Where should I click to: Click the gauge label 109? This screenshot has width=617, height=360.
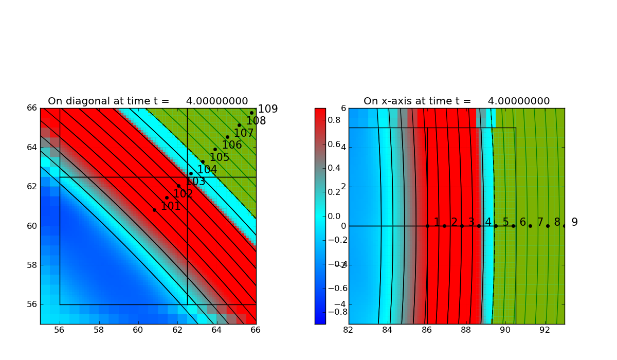point(267,109)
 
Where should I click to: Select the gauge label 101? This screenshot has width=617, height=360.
point(171,206)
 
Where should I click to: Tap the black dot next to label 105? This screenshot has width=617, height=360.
point(215,150)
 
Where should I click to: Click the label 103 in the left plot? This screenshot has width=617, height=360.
point(195,182)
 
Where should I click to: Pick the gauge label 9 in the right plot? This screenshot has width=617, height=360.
point(574,222)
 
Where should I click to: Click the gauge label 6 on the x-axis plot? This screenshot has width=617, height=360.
point(522,222)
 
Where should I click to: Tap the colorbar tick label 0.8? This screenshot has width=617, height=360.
point(335,120)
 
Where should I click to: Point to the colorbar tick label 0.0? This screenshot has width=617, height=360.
point(335,216)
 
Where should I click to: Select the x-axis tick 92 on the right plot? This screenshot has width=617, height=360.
point(545,330)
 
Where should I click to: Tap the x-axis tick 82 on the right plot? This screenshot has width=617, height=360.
point(349,330)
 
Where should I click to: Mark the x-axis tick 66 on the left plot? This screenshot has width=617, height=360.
point(256,330)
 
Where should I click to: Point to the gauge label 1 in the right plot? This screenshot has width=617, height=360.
point(437,222)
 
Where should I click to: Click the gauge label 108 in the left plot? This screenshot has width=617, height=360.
point(256,121)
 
